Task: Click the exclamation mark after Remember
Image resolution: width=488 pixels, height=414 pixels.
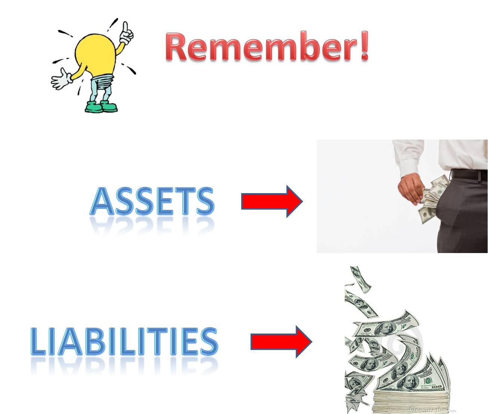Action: click(364, 46)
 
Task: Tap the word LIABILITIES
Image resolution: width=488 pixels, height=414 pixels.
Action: click(124, 341)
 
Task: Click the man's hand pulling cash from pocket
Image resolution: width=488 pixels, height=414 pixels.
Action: click(411, 187)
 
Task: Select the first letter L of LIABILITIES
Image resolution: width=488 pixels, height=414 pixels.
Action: click(38, 341)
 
